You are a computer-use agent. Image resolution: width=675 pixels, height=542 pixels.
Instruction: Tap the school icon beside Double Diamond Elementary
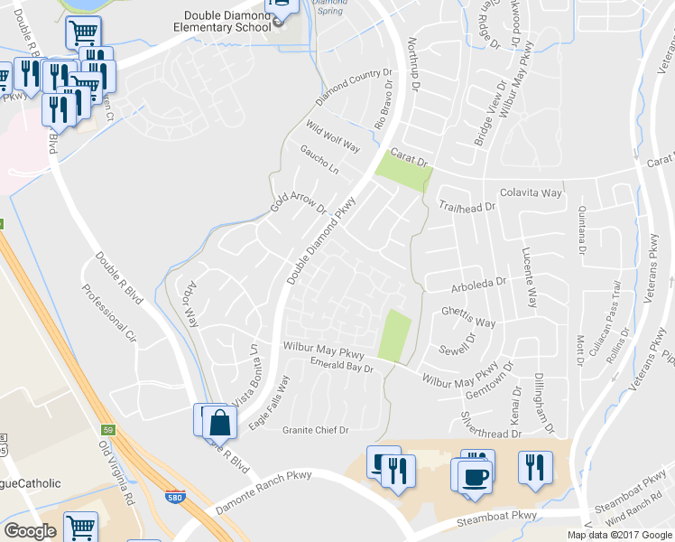click(282, 8)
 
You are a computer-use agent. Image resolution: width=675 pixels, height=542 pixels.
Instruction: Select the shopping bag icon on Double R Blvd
click(220, 422)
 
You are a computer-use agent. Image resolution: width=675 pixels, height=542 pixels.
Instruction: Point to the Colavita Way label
click(532, 193)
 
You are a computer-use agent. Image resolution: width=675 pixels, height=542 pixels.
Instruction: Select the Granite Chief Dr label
click(316, 430)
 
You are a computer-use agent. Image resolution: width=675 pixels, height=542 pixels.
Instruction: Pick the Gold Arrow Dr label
click(299, 201)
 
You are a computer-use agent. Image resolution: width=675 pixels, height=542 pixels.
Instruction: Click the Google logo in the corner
click(30, 532)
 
